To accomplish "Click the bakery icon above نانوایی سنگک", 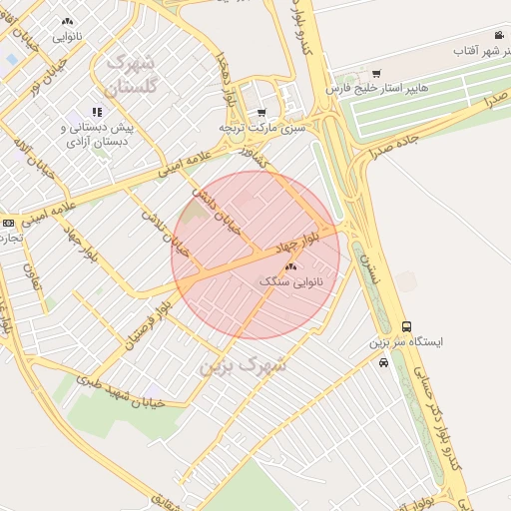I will (x=290, y=266).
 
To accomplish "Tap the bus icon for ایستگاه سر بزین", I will (x=406, y=326).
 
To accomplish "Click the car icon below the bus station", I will (x=384, y=363).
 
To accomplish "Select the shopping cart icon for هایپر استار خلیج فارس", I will (x=376, y=73).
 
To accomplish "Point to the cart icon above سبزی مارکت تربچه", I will (x=261, y=113).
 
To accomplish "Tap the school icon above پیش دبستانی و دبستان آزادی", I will (x=96, y=112).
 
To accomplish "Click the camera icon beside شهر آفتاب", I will (x=497, y=34).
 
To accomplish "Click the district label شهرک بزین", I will (x=244, y=365).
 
